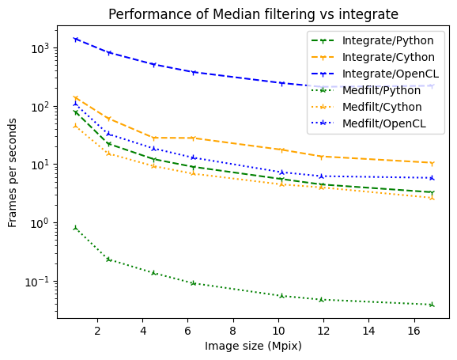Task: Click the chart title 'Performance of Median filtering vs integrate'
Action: point(253,14)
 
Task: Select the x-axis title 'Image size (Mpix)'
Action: point(253,346)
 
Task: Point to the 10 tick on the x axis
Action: point(278,330)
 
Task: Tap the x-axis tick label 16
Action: point(414,330)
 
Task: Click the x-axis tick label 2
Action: point(97,330)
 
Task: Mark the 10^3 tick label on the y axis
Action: point(40,48)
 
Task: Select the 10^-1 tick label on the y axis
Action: point(38,282)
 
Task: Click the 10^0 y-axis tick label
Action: point(40,223)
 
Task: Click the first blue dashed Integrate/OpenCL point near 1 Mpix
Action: point(75,39)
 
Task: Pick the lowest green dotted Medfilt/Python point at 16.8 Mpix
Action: point(432,305)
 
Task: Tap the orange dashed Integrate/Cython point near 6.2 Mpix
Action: point(193,138)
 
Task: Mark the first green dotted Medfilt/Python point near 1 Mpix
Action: point(75,228)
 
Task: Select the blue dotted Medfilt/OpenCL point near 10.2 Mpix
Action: point(282,172)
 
